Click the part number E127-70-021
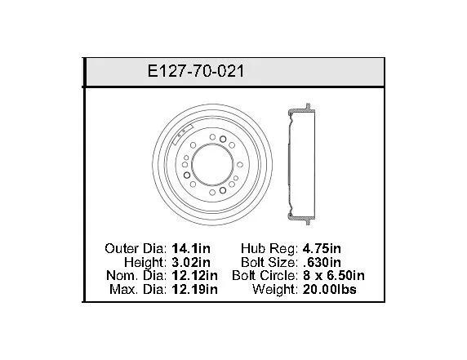[196, 72]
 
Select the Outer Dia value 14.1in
[191, 248]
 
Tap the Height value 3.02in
[191, 262]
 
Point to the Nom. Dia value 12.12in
[194, 275]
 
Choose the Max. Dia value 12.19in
[194, 289]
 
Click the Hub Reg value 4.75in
[322, 248]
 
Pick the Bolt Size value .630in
[322, 262]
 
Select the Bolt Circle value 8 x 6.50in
[334, 275]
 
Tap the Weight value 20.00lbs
[329, 289]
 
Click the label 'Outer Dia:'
[136, 248]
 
